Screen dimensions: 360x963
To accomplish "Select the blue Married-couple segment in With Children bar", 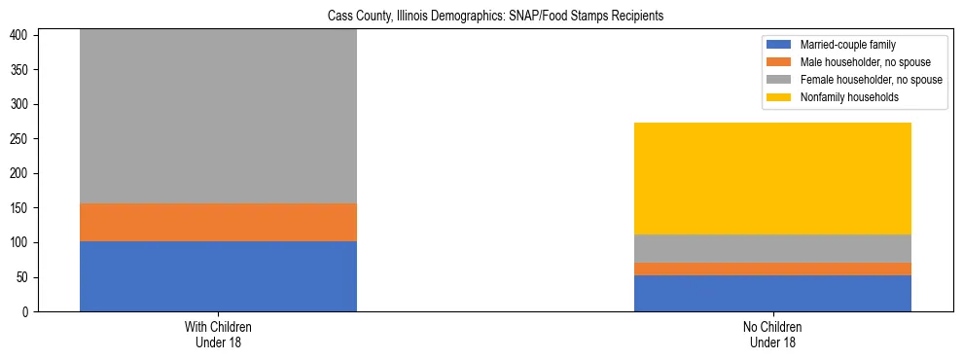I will click(x=218, y=276).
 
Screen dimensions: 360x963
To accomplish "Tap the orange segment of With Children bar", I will click(x=218, y=222).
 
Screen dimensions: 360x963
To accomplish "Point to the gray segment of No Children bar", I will click(x=772, y=248).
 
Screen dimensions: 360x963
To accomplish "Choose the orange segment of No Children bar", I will click(x=772, y=269).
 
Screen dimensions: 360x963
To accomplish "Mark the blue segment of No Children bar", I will click(x=772, y=293).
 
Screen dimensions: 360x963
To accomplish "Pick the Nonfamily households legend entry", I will click(x=843, y=97).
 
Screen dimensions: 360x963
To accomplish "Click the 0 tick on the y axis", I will click(x=26, y=312).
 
